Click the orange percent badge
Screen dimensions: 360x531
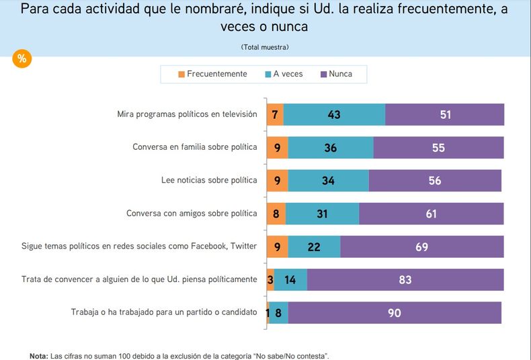click(22, 58)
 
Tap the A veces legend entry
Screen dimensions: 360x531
click(284, 74)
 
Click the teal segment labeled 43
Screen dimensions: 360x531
click(334, 115)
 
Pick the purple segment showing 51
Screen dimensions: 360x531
click(445, 115)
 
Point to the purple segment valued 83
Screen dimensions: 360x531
click(405, 280)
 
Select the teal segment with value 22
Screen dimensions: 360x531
click(314, 247)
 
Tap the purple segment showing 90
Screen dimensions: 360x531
click(395, 313)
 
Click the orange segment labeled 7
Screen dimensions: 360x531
click(275, 115)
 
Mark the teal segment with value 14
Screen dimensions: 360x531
click(290, 280)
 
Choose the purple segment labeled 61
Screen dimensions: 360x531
click(431, 214)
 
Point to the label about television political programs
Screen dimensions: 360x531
click(187, 114)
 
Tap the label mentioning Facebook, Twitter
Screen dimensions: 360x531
click(139, 246)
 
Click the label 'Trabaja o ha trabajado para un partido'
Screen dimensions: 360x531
click(164, 312)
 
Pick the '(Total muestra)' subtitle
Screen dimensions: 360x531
click(265, 47)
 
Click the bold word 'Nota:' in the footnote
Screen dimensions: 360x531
click(39, 355)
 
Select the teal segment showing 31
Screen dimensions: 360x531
click(322, 214)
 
